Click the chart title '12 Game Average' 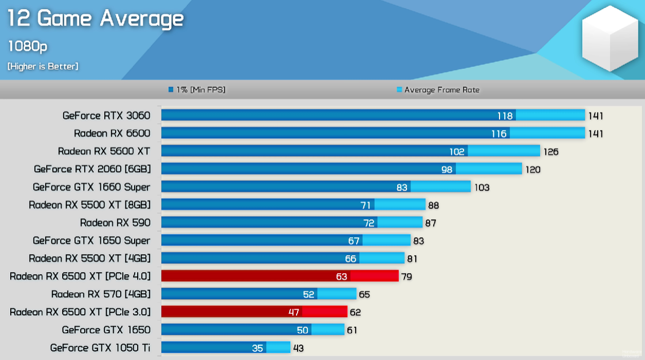pyautogui.click(x=96, y=19)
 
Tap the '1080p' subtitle pyautogui.click(x=27, y=46)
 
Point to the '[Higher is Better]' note pyautogui.click(x=43, y=66)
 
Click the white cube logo pyautogui.click(x=610, y=39)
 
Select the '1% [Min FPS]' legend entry pyautogui.click(x=197, y=90)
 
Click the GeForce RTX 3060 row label pyautogui.click(x=106, y=116)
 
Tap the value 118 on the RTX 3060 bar pyautogui.click(x=505, y=116)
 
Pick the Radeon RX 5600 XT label pyautogui.click(x=104, y=151)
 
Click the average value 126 pyautogui.click(x=550, y=151)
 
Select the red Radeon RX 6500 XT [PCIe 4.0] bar pyautogui.click(x=280, y=276)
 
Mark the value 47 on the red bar pyautogui.click(x=293, y=312)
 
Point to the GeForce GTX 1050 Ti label pyautogui.click(x=100, y=348)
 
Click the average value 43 pyautogui.click(x=298, y=348)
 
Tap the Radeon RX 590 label pyautogui.click(x=115, y=222)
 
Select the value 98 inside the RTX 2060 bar pyautogui.click(x=447, y=169)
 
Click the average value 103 pyautogui.click(x=482, y=187)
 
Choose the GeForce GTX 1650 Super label pyautogui.click(x=91, y=240)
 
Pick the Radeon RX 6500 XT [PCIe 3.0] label pyautogui.click(x=80, y=312)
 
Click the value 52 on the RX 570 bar pyautogui.click(x=308, y=294)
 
